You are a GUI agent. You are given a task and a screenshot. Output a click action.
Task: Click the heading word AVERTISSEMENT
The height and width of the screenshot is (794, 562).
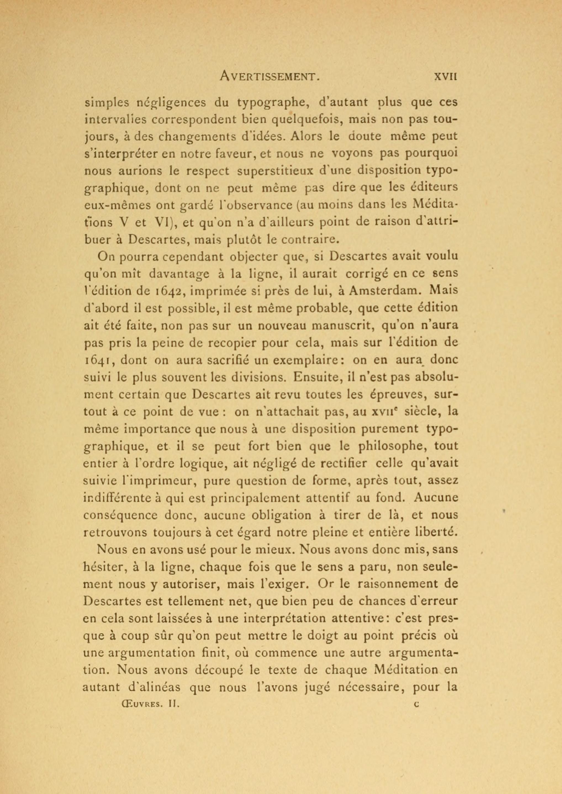pyautogui.click(x=270, y=76)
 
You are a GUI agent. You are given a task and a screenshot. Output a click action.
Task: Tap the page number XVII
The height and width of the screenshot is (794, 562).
pyautogui.click(x=446, y=76)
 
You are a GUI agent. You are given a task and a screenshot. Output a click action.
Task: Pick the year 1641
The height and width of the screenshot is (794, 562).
pyautogui.click(x=97, y=360)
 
